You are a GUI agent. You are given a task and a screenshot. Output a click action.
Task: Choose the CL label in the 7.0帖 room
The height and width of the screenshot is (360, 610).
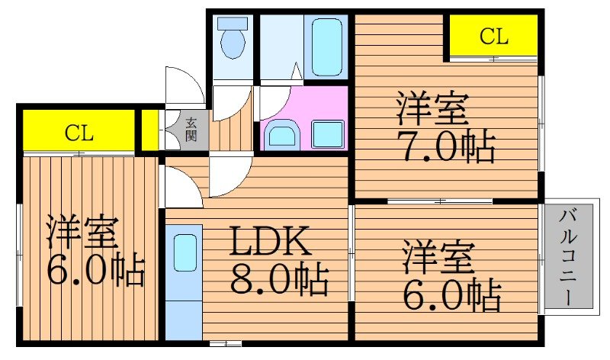click(x=493, y=36)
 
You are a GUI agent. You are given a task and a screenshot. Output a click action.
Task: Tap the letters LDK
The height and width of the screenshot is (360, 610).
click(x=271, y=243)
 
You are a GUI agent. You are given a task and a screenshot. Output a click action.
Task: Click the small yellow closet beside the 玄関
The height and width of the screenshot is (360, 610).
click(x=149, y=130)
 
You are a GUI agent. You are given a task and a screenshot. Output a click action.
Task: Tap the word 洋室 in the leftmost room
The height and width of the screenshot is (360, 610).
click(x=82, y=233)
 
